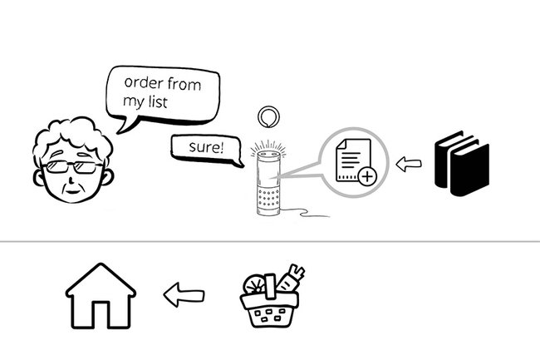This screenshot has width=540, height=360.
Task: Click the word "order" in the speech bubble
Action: tap(143, 84)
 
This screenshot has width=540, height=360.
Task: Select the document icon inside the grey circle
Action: tap(350, 160)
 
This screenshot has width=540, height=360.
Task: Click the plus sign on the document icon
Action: tap(366, 175)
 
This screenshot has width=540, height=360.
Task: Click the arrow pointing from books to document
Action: tap(408, 164)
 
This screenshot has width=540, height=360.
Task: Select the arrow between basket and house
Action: tap(184, 294)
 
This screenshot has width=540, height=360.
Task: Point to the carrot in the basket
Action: tap(292, 277)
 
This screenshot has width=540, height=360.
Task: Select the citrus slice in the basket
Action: tap(255, 284)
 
